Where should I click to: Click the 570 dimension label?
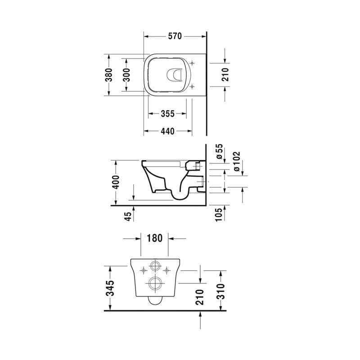tap(175, 37)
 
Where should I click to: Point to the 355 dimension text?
tap(167, 114)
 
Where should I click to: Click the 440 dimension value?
tap(167, 131)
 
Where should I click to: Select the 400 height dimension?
tap(116, 182)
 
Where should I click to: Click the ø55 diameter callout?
tap(219, 153)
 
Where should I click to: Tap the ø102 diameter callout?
tap(237, 161)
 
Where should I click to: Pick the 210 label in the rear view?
tap(200, 297)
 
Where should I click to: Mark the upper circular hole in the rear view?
tap(155, 266)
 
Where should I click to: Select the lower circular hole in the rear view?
tap(155, 283)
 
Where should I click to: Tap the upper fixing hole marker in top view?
tap(193, 63)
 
